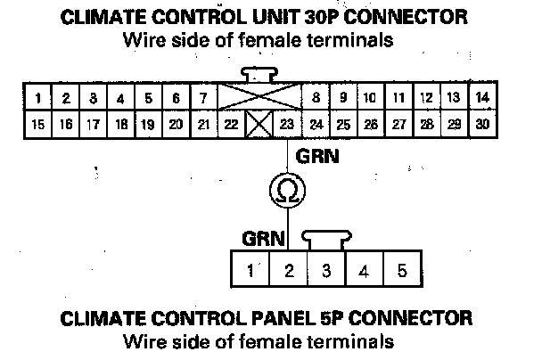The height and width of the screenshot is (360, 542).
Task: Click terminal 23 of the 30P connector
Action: pos(287,125)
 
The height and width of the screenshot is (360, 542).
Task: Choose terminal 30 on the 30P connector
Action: pos(482,125)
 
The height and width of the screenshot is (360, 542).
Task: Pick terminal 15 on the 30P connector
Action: pos(38,125)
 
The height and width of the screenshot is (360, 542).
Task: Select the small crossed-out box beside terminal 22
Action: pos(259,125)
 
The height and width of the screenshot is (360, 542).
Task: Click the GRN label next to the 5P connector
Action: pos(262,239)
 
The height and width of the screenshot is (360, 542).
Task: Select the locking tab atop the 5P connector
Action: pos(326,240)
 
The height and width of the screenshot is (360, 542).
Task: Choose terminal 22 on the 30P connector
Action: pos(231,125)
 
